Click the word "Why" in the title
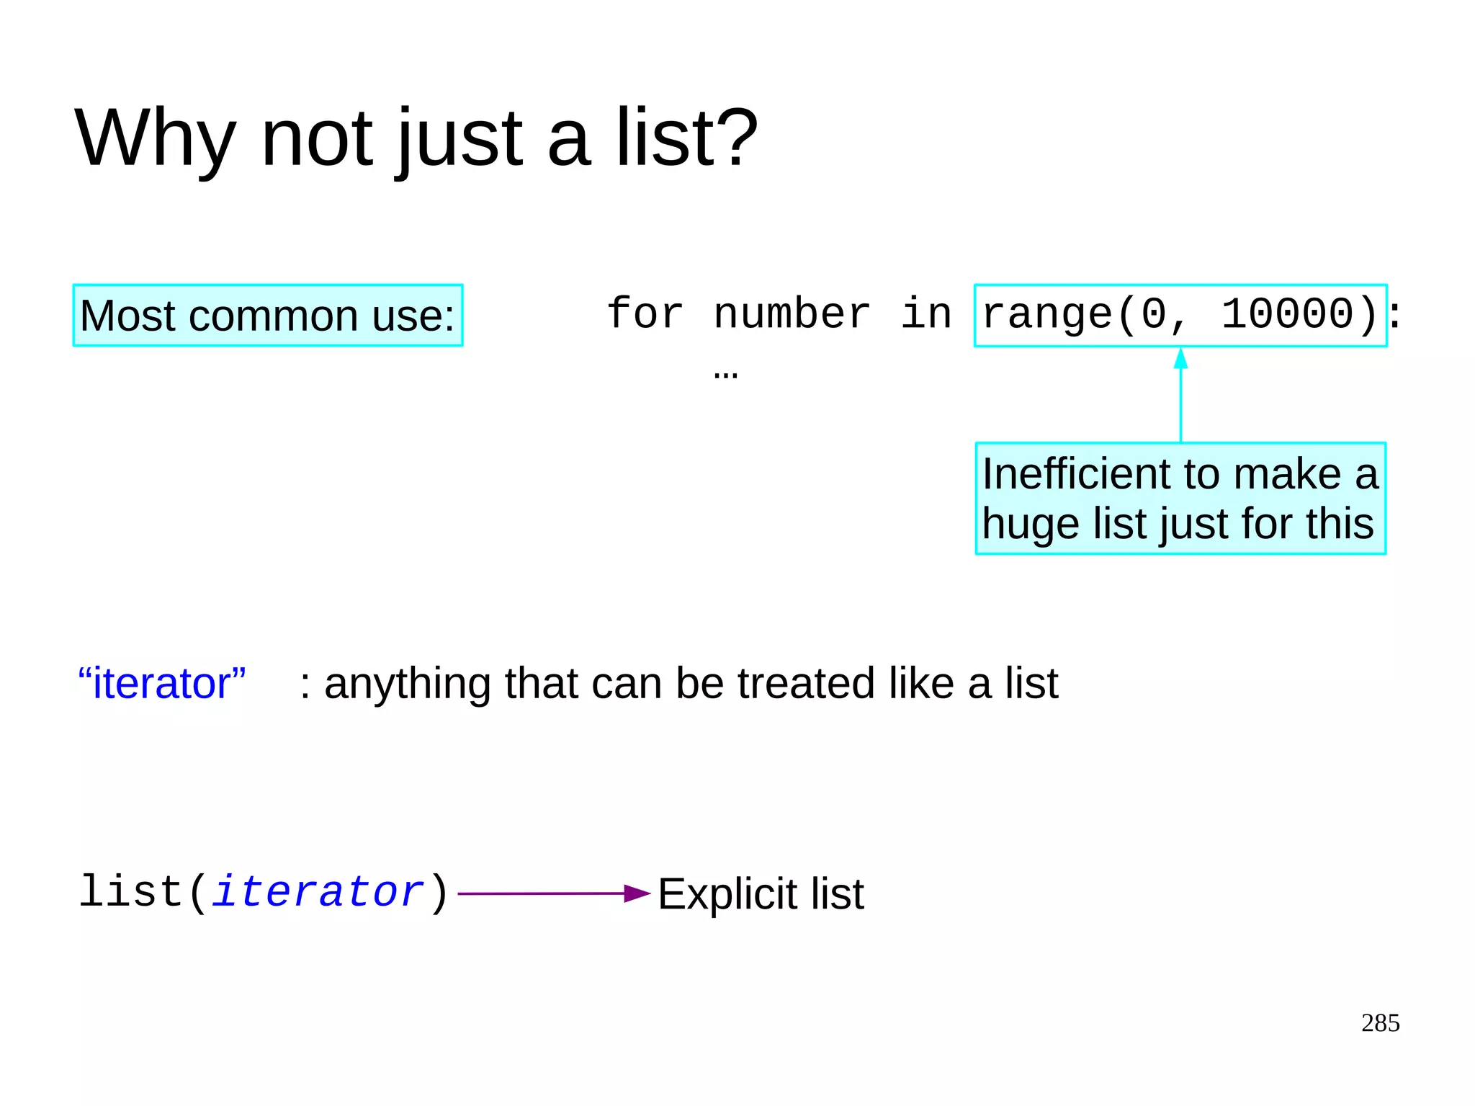[x=155, y=138]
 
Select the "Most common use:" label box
[x=267, y=316]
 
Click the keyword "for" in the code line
[x=645, y=314]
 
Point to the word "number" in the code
[x=792, y=314]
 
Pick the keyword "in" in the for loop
[x=926, y=314]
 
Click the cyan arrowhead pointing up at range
[x=1180, y=358]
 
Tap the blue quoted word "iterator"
[x=162, y=683]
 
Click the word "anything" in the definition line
[x=408, y=683]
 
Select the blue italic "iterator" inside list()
[x=318, y=892]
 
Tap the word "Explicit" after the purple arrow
[x=728, y=894]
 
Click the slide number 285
[x=1380, y=1023]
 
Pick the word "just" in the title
[x=459, y=138]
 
